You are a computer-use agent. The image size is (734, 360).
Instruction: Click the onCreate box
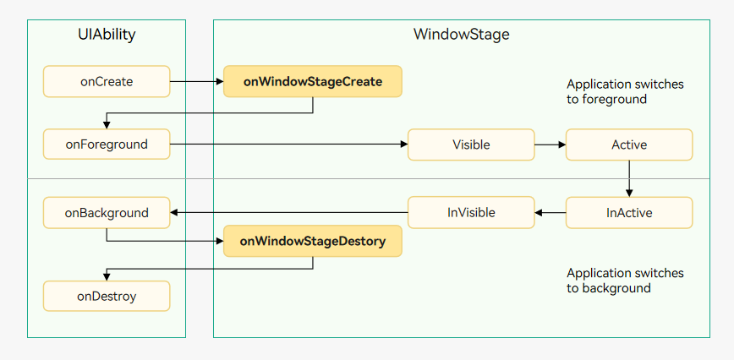point(107,81)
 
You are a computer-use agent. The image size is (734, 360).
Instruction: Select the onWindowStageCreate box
point(313,81)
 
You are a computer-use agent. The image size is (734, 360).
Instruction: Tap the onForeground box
point(107,144)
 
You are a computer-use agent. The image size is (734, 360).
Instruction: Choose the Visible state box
point(471,145)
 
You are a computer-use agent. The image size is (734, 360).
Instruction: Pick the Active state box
point(629,145)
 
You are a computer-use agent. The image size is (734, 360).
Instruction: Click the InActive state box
point(629,213)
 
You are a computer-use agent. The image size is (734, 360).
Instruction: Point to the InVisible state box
point(471,213)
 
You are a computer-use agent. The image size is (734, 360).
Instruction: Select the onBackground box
point(107,213)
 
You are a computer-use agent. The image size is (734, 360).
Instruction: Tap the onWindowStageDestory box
point(313,241)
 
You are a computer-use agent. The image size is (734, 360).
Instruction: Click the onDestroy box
point(107,296)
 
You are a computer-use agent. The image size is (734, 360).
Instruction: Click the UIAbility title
point(107,35)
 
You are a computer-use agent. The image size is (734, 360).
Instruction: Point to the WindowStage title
point(461,34)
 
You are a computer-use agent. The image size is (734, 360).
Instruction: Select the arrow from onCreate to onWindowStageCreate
point(196,82)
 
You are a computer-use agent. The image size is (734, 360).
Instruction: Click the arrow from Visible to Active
point(550,145)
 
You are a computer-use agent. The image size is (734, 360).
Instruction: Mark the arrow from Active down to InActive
point(629,178)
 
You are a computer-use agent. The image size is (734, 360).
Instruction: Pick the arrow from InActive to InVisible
point(550,213)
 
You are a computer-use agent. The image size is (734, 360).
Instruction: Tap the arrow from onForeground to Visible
point(289,145)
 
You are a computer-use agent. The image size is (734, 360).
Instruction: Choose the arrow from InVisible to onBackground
point(289,213)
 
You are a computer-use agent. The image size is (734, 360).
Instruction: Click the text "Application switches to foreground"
point(625,91)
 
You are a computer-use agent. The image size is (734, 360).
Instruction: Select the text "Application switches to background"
point(625,280)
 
